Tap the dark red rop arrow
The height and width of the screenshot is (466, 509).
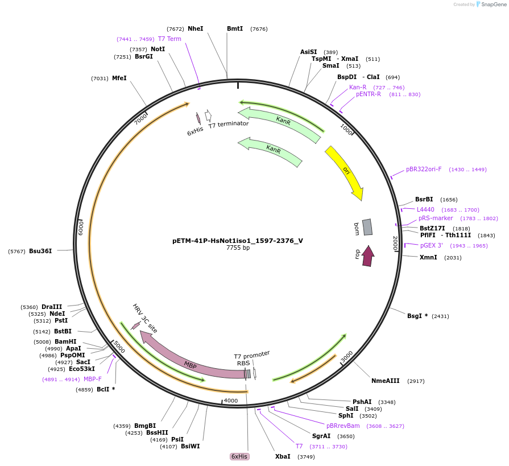368,256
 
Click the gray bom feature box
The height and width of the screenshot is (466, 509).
367,227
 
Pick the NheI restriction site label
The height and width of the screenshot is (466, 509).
195,28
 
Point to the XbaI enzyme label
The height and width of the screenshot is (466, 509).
283,456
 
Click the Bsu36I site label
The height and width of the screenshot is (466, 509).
40,251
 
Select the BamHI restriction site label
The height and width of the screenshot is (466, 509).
65,341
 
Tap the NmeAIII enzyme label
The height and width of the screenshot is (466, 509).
386,381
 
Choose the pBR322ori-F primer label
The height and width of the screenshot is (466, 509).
424,169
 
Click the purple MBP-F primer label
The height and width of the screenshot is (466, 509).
93,379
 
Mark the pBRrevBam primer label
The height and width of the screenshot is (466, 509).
343,426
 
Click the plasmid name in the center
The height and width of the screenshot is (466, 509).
238,241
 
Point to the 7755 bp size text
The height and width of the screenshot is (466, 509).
238,248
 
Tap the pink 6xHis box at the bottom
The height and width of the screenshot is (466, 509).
239,456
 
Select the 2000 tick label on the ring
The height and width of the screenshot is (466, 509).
395,242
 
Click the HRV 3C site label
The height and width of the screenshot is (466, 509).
145,318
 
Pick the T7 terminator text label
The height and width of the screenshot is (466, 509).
228,125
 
